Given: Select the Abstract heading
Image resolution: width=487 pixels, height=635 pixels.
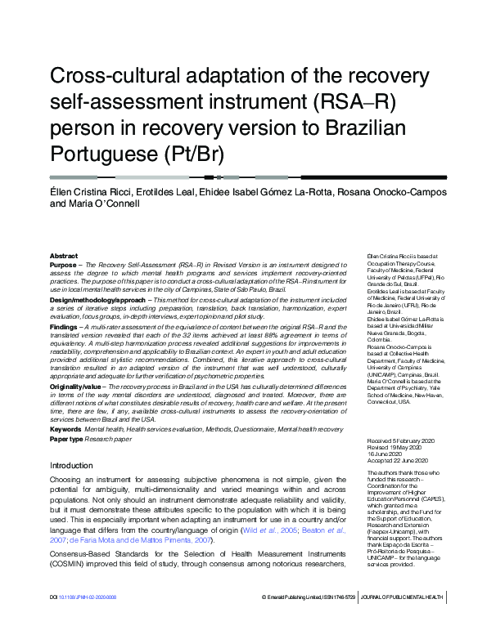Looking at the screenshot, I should tap(64, 256).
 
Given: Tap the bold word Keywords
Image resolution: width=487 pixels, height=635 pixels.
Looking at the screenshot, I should tap(65, 428).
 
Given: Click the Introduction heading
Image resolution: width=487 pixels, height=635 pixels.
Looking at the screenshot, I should tap(72, 465).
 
